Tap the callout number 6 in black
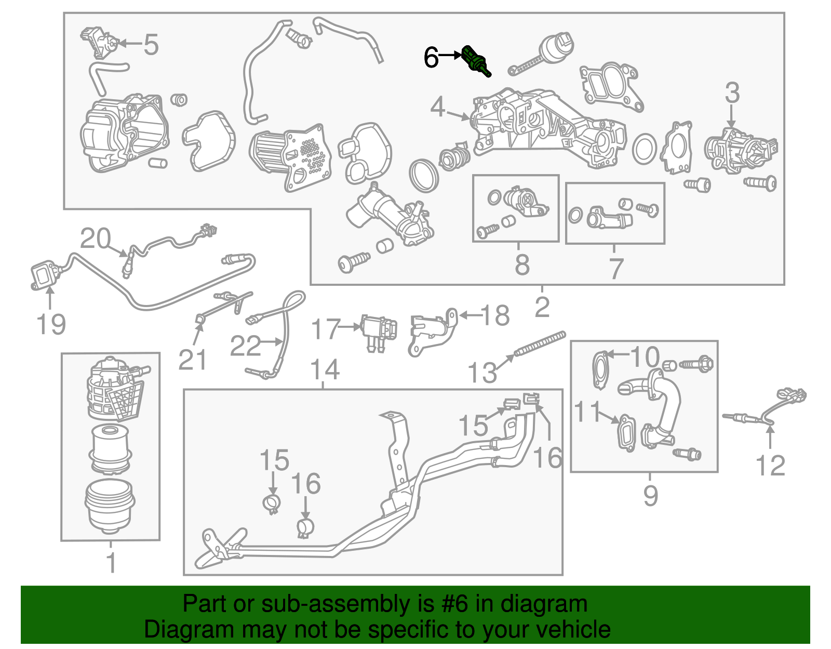pyautogui.click(x=431, y=57)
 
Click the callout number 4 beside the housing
pyautogui.click(x=438, y=107)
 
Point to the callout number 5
pyautogui.click(x=150, y=45)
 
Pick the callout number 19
pyautogui.click(x=51, y=324)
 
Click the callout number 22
pyautogui.click(x=245, y=346)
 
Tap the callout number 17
pyautogui.click(x=326, y=329)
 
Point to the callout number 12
pyautogui.click(x=770, y=465)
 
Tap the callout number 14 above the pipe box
pyautogui.click(x=325, y=370)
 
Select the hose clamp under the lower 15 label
pyautogui.click(x=271, y=504)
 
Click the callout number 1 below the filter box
pyautogui.click(x=111, y=563)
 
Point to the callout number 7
pyautogui.click(x=615, y=268)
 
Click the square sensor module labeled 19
pyautogui.click(x=43, y=275)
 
